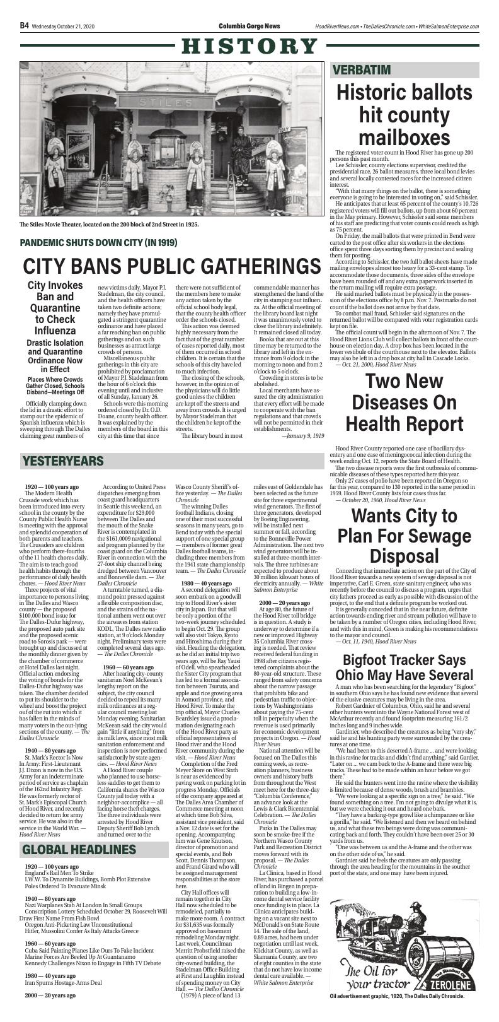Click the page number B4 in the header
[x=24, y=25]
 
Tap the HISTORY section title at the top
[x=249, y=46]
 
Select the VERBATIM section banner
[x=362, y=69]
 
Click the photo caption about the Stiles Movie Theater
[x=109, y=224]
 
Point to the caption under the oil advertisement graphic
[x=396, y=1014]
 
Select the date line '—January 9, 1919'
[x=302, y=435]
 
